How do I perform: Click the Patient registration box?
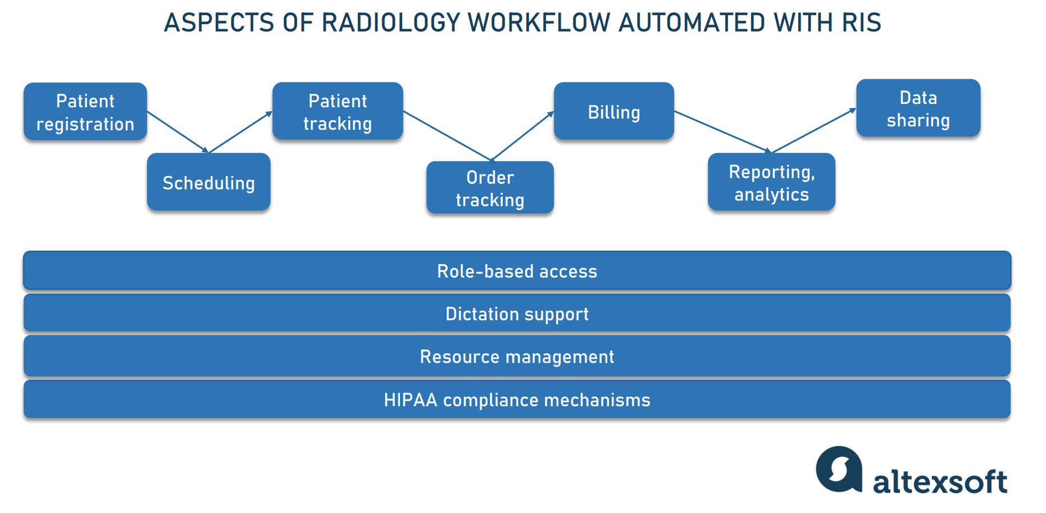(85, 112)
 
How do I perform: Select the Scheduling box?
(208, 182)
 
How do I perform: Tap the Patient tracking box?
(338, 111)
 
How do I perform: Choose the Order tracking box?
(490, 188)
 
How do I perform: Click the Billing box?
(613, 111)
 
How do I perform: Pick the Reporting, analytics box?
(771, 182)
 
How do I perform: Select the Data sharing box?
(918, 108)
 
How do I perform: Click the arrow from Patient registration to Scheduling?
(178, 131)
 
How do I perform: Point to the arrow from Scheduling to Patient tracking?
(240, 132)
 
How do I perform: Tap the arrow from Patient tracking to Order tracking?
(448, 136)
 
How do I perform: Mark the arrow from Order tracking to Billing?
(522, 136)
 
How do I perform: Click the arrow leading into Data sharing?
(813, 130)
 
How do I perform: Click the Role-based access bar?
(517, 271)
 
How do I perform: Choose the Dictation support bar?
(517, 314)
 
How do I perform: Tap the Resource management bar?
(517, 356)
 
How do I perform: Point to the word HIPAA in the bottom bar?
(410, 400)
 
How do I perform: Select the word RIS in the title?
(861, 22)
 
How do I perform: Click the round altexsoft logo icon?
(839, 469)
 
